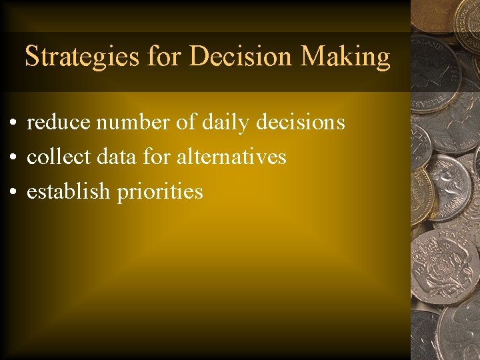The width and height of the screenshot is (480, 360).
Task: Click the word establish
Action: coord(68,192)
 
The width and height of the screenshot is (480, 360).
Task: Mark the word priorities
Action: coord(160,193)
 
